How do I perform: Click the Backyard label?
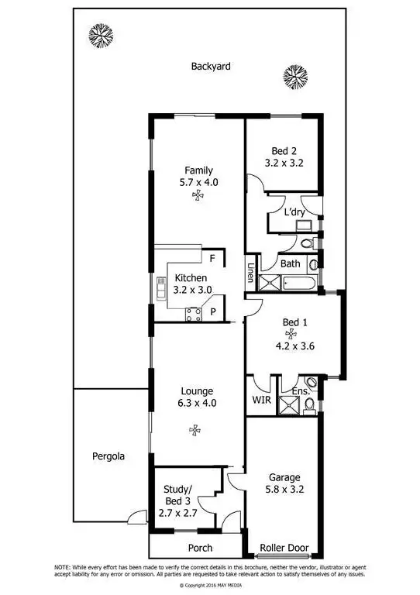pos(211,67)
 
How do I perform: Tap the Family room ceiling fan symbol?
pos(198,198)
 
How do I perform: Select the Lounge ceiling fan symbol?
pos(195,428)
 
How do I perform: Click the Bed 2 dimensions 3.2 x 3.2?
pos(284,163)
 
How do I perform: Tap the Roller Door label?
pos(284,548)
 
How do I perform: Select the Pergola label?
pos(108,456)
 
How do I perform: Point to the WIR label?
pos(260,401)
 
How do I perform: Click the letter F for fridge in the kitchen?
pos(212,257)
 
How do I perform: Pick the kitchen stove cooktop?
pos(193,313)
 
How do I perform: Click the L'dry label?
pos(294,212)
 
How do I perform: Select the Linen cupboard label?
pos(251,273)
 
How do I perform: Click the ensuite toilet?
pos(311,383)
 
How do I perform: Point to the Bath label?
pos(291,263)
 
